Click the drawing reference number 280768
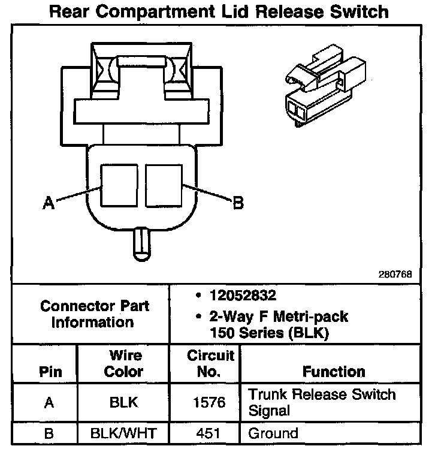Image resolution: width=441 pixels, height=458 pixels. click(x=395, y=275)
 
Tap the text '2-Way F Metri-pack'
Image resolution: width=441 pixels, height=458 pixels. click(x=278, y=316)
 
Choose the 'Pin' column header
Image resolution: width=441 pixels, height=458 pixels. click(x=50, y=372)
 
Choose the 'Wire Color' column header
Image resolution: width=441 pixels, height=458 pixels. click(x=123, y=363)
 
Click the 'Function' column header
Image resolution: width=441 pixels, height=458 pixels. click(x=334, y=372)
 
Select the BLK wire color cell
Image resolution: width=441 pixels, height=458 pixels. click(x=123, y=402)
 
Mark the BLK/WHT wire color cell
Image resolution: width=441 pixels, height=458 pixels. click(x=123, y=433)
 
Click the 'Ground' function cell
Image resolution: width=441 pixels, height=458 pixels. click(x=273, y=433)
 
